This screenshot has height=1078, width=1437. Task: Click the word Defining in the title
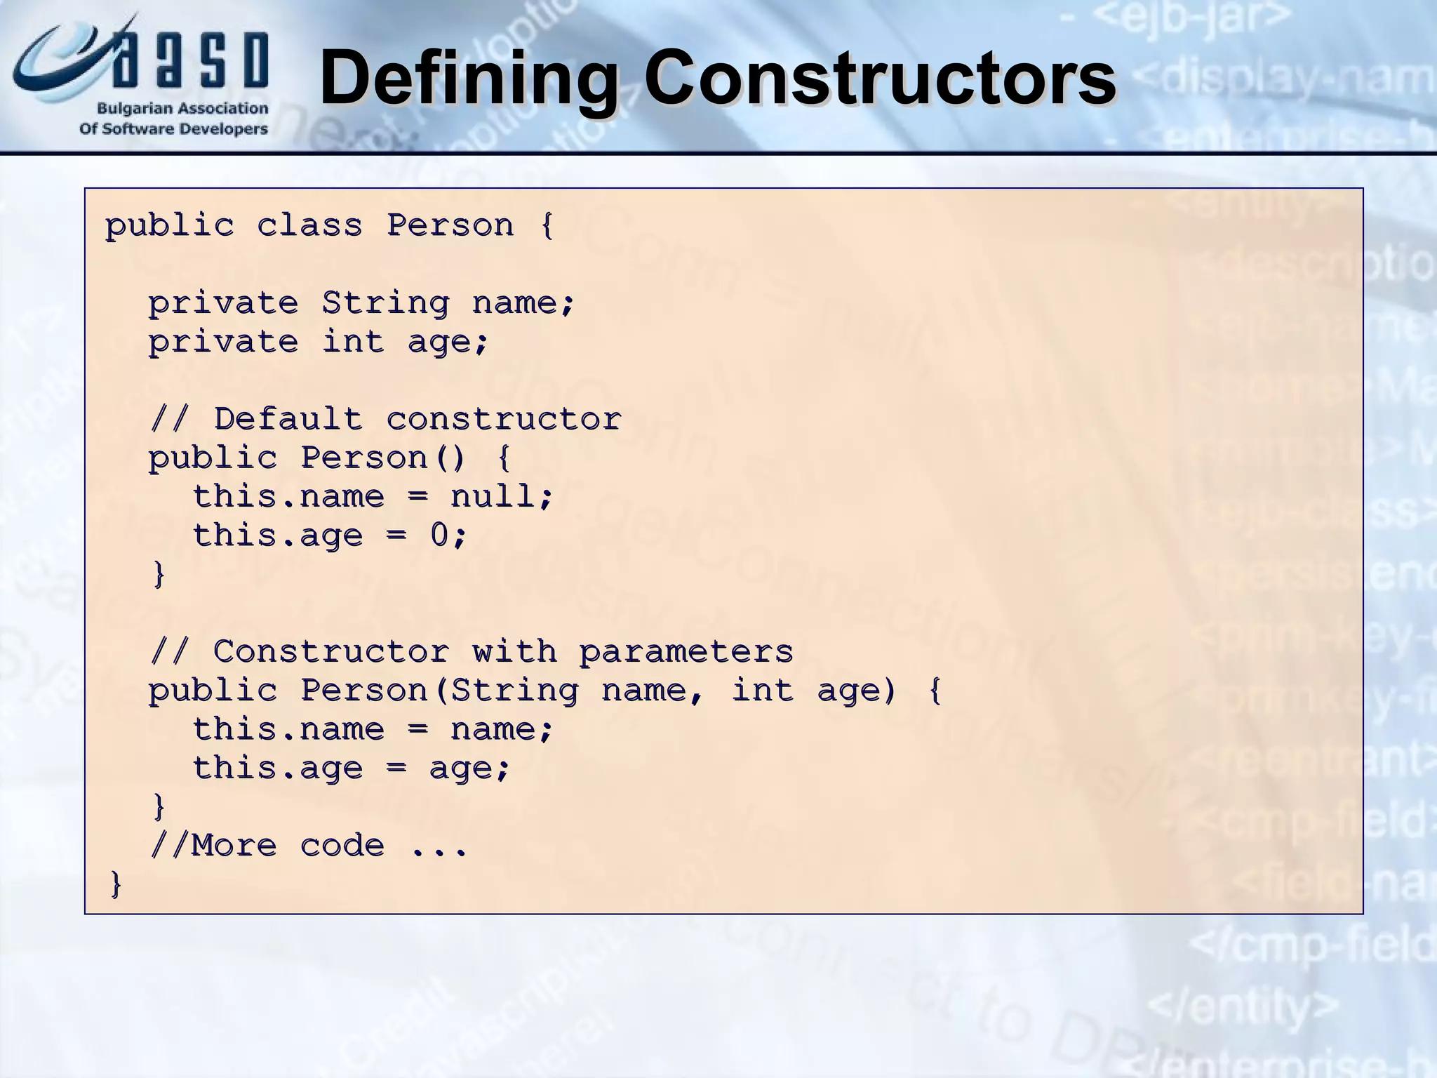click(x=468, y=79)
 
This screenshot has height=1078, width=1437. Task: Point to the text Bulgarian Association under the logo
click(x=182, y=109)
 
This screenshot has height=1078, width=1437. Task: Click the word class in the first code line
click(x=309, y=226)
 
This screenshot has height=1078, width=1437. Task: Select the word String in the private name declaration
click(x=385, y=303)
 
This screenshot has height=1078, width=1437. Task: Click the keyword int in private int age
click(x=353, y=342)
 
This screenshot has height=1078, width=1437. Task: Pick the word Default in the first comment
click(x=288, y=420)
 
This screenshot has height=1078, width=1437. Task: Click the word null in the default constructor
click(x=493, y=497)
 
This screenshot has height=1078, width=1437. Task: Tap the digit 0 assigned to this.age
click(x=439, y=535)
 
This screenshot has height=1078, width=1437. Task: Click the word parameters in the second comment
click(x=686, y=652)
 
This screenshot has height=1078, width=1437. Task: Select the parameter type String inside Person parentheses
click(x=514, y=691)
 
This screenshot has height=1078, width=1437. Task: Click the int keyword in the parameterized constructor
click(x=762, y=691)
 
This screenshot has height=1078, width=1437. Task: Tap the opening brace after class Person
click(x=547, y=226)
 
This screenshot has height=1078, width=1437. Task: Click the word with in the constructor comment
click(x=514, y=652)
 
